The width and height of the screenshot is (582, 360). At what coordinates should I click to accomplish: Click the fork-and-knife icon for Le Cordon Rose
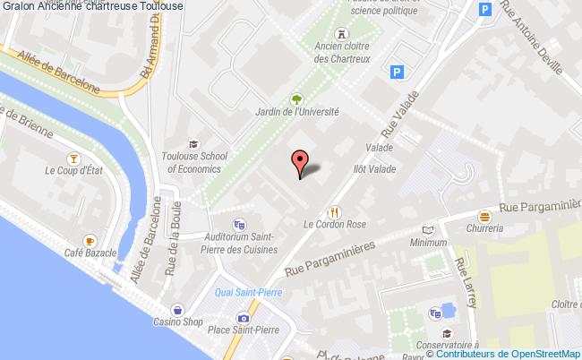[x=334, y=212]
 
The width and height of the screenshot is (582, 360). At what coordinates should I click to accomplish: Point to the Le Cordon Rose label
[x=335, y=225]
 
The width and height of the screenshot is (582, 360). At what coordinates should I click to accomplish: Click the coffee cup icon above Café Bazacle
[x=90, y=242]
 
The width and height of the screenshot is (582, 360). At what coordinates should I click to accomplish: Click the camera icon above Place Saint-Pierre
[x=243, y=317]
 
